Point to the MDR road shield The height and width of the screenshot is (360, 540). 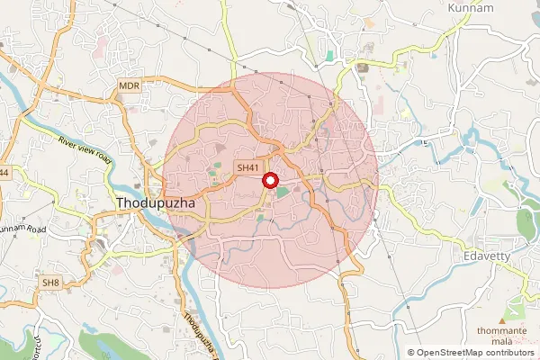click(130, 85)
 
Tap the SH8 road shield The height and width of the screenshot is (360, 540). click(50, 283)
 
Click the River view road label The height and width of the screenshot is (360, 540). click(85, 149)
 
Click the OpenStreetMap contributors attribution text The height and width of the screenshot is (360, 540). click(472, 353)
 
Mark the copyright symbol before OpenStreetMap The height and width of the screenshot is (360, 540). click(411, 353)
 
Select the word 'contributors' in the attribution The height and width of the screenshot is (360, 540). click(508, 353)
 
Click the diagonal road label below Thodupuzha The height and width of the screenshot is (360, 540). click(200, 330)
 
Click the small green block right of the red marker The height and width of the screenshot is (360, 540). click(283, 191)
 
